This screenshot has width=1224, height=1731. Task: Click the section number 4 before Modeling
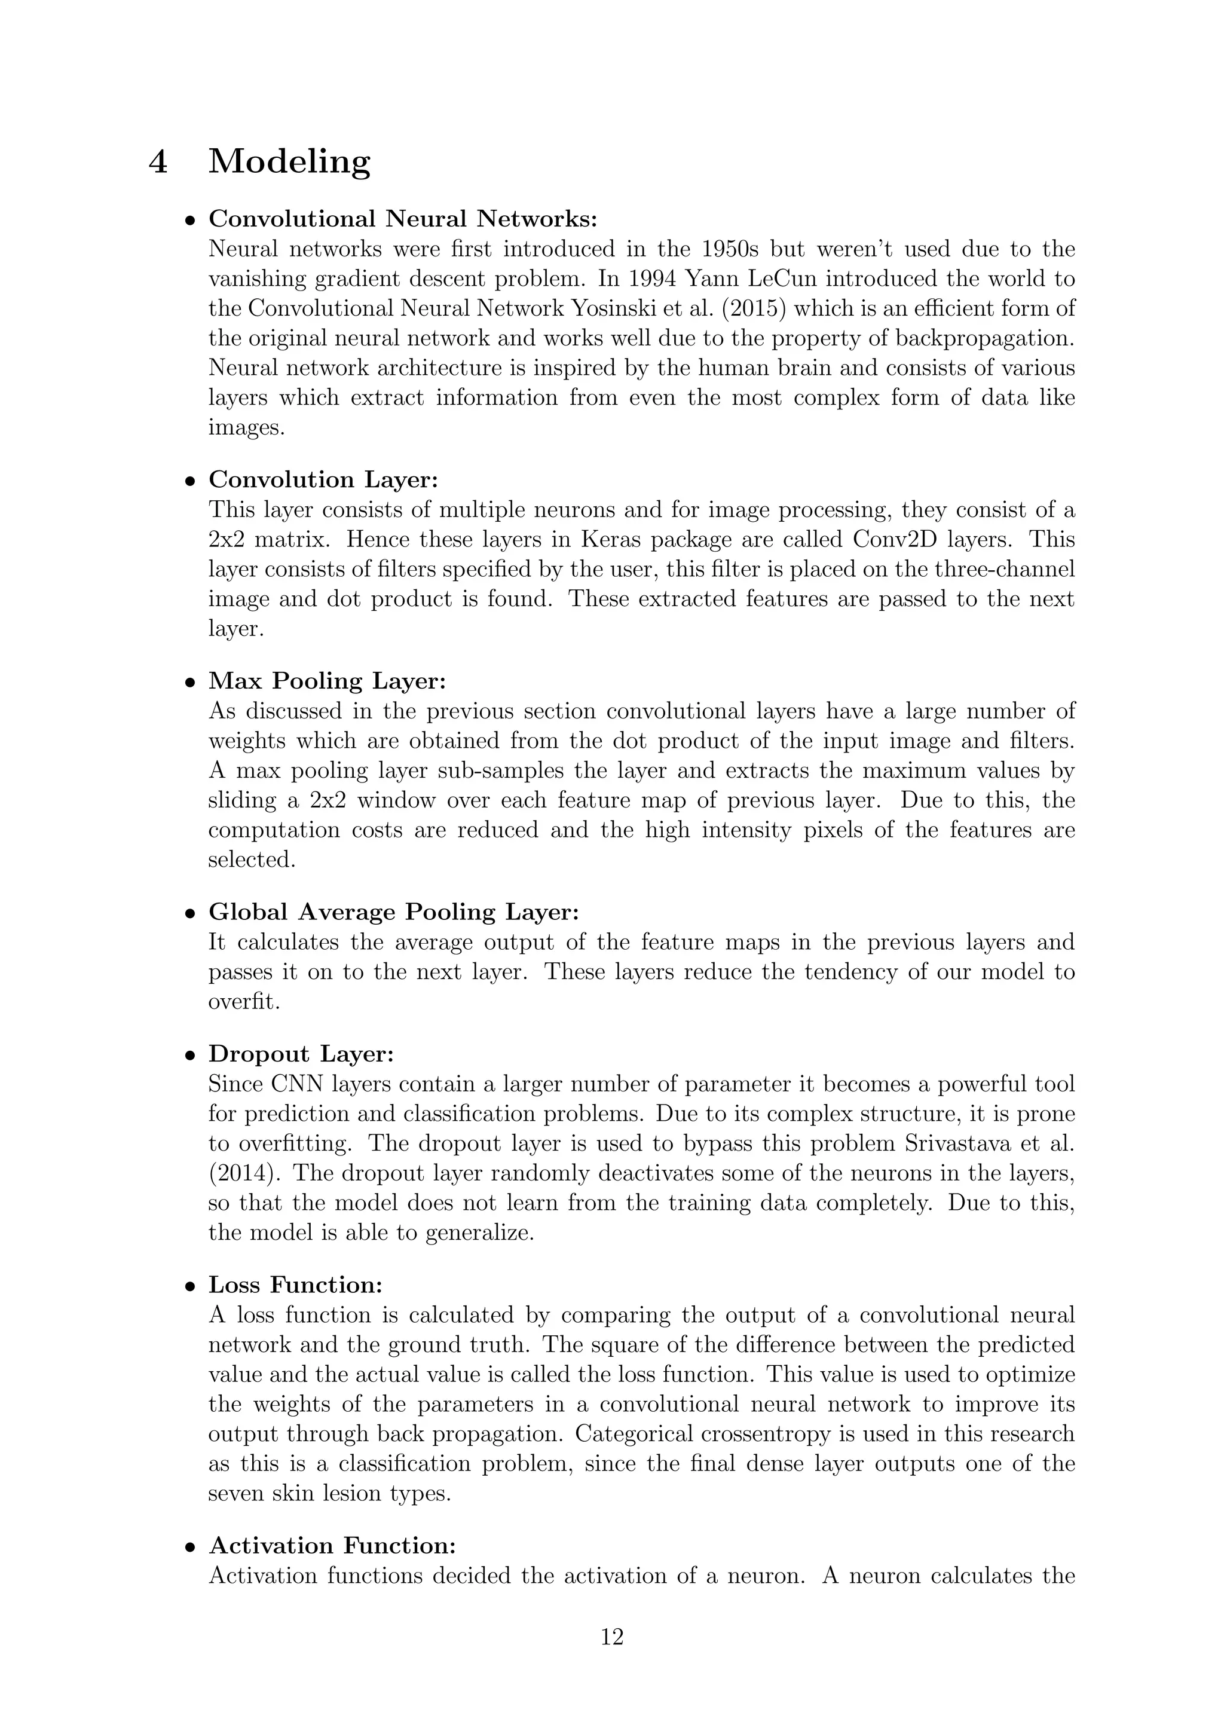click(x=158, y=161)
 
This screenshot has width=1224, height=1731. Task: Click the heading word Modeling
click(x=289, y=161)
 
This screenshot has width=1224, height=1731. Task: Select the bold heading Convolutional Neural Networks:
click(x=402, y=219)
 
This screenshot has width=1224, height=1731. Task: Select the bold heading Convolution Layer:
click(x=323, y=479)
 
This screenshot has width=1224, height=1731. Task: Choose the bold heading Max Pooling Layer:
click(x=327, y=681)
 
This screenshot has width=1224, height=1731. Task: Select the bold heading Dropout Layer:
click(x=301, y=1054)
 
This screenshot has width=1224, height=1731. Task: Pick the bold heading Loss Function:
click(x=295, y=1285)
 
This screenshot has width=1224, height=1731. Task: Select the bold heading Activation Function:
click(x=332, y=1546)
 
